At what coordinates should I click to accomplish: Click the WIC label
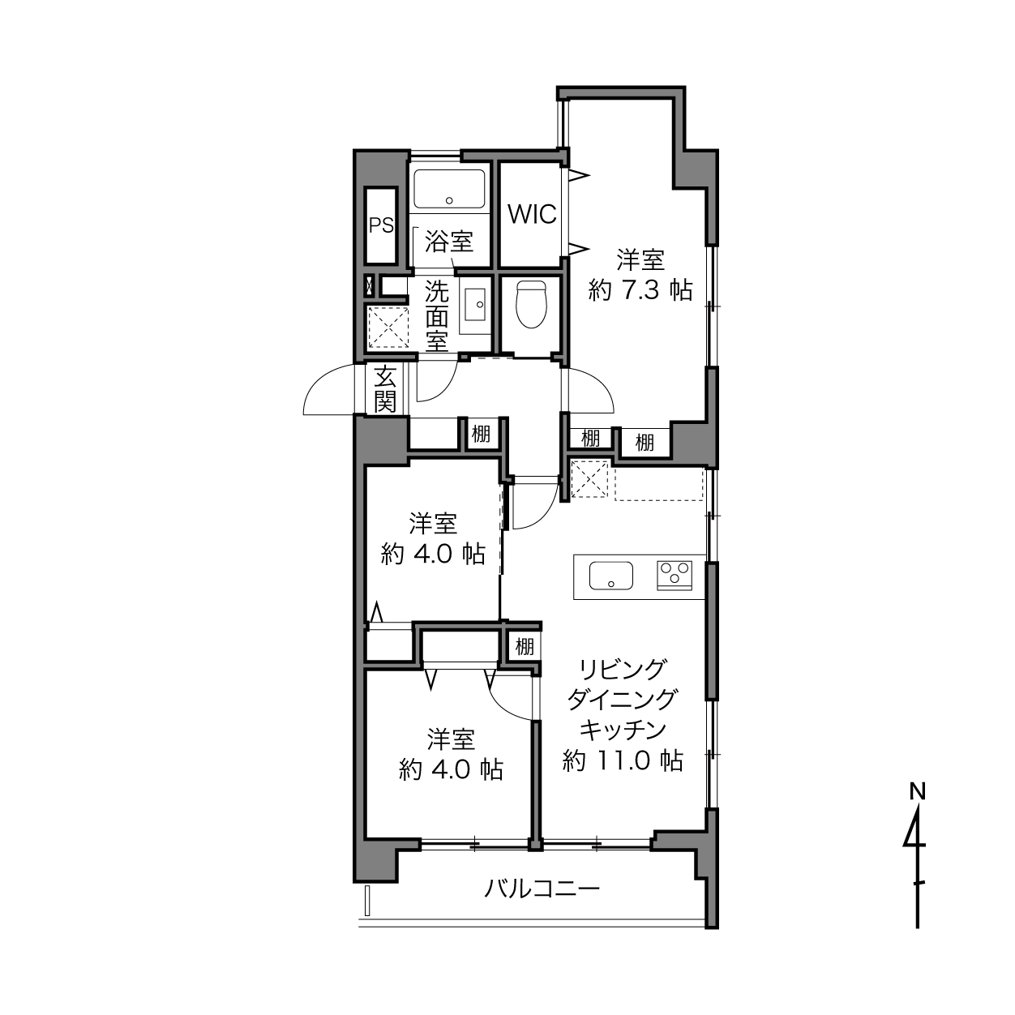[532, 214]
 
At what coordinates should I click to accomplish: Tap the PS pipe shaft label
[381, 225]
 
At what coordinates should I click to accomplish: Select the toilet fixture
[532, 305]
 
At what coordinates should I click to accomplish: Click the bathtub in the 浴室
[449, 189]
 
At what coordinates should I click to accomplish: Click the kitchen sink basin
[611, 576]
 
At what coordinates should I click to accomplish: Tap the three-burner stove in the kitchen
[675, 575]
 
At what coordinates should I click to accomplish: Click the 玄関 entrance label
[385, 390]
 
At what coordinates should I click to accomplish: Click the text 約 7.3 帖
[640, 291]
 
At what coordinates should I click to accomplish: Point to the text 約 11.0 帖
[623, 761]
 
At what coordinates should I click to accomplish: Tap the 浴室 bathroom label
[449, 242]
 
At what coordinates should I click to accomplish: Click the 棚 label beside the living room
[524, 646]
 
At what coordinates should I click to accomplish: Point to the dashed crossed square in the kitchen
[589, 479]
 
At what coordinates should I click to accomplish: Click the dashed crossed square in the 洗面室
[388, 327]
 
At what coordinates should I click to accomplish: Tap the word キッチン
[623, 730]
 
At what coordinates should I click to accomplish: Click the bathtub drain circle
[449, 201]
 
